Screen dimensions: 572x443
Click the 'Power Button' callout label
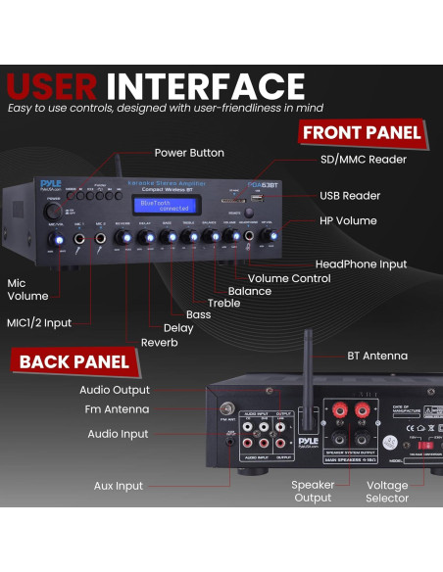(x=189, y=153)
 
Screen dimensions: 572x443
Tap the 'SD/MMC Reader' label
(x=362, y=160)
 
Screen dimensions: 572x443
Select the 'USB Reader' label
(x=349, y=196)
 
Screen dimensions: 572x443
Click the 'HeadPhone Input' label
(x=360, y=264)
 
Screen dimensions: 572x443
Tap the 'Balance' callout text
(x=249, y=291)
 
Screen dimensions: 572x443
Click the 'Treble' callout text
(x=224, y=304)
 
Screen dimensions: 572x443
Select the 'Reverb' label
(x=159, y=342)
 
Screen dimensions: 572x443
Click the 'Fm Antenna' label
(x=118, y=409)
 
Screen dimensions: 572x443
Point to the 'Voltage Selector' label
(x=386, y=492)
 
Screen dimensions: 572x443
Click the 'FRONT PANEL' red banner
(x=362, y=132)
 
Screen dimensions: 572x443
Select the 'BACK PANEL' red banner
(x=74, y=361)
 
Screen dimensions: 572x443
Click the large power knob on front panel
(x=52, y=210)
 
